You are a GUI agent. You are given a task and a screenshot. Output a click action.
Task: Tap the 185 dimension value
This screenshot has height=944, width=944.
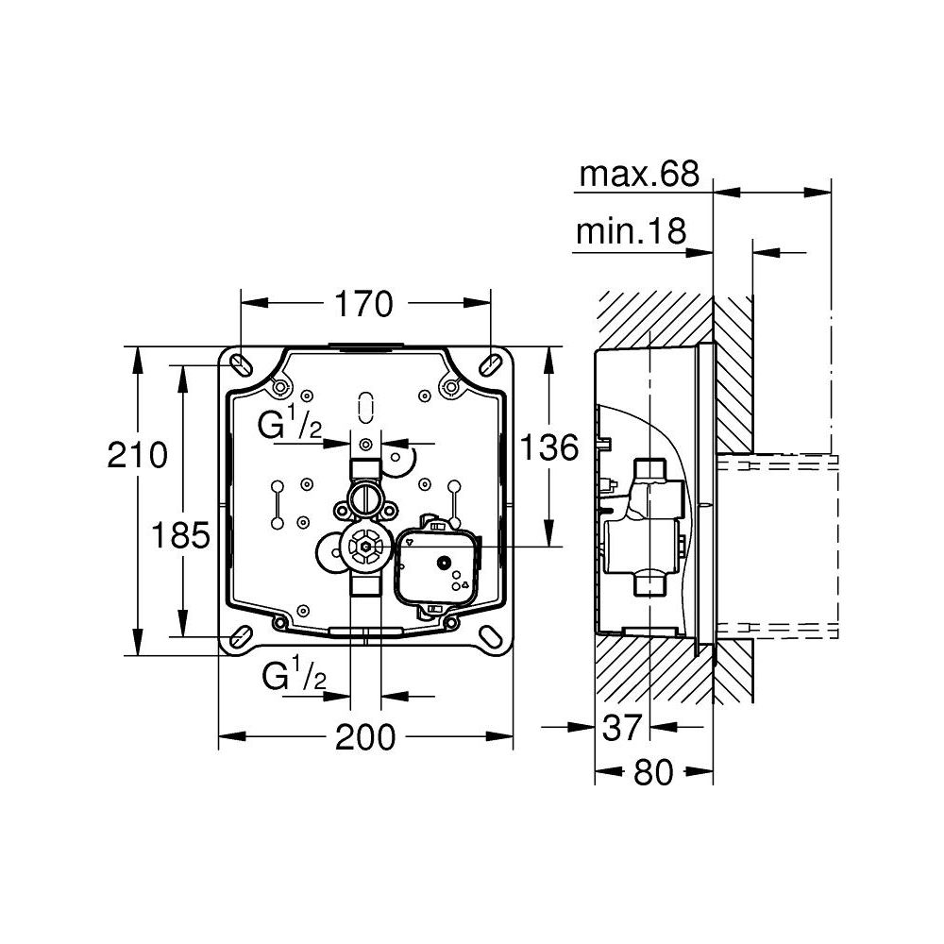click(180, 536)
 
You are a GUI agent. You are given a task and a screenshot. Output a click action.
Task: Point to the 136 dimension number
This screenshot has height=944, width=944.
click(550, 447)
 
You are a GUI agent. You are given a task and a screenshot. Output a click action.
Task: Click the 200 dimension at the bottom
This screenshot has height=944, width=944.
click(366, 737)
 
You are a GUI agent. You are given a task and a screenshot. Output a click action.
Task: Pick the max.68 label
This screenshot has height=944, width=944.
click(639, 174)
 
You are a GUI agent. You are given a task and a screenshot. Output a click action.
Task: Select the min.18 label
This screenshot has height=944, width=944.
click(630, 232)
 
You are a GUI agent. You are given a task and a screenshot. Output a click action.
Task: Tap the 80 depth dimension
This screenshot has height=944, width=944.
click(653, 772)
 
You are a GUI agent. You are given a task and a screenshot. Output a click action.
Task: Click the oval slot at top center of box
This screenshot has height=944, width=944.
click(365, 406)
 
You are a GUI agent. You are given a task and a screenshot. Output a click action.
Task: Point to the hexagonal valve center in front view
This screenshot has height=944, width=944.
click(362, 547)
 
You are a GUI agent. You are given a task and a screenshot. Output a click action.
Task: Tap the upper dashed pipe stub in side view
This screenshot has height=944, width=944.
click(778, 464)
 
